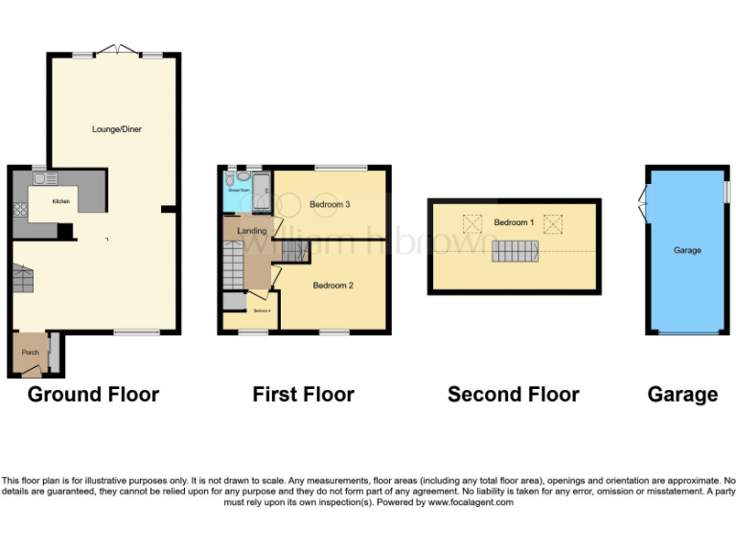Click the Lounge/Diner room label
[x=117, y=128]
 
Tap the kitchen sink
[x=43, y=178]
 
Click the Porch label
[x=31, y=352]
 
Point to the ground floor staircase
[x=24, y=279]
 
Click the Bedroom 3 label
[x=330, y=204]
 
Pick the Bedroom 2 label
[x=333, y=286]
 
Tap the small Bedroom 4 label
[x=261, y=310]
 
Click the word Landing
[x=251, y=231]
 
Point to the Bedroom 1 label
[x=514, y=222]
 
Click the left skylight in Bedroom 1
[x=471, y=224]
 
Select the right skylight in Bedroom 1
[x=553, y=224]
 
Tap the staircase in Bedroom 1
[x=516, y=252]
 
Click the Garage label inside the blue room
[x=687, y=250]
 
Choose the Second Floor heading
[x=513, y=394]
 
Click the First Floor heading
[x=303, y=394]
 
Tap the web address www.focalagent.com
[x=471, y=502]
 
